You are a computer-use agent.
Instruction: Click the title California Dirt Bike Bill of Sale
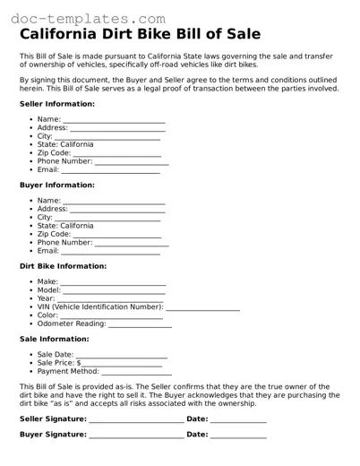[x=140, y=35]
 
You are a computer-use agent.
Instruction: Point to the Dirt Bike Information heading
[x=63, y=266]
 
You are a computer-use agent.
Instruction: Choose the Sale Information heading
[x=54, y=340]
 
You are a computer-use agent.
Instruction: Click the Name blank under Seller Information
[x=114, y=120]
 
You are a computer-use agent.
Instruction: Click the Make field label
[x=47, y=282]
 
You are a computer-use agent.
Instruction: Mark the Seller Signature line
[x=136, y=419]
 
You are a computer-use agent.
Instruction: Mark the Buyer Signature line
[x=136, y=436]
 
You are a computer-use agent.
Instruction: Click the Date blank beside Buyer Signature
[x=238, y=436]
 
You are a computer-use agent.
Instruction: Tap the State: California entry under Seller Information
[x=64, y=144]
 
